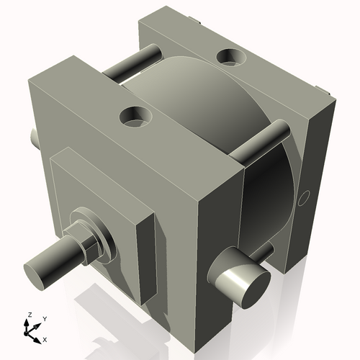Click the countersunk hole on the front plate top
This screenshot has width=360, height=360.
[x=135, y=115]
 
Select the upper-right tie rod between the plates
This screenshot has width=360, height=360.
[x=262, y=140]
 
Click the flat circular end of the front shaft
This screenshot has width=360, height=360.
[x=37, y=273]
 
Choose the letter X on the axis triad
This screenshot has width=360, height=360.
[x=45, y=338]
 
